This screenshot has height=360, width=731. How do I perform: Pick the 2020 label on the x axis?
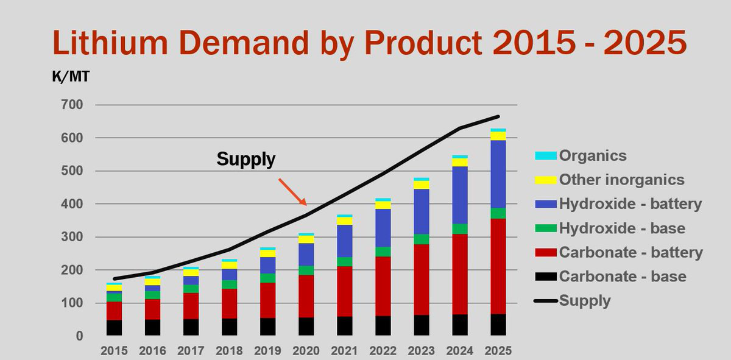click(306, 351)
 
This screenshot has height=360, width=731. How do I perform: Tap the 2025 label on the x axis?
click(499, 351)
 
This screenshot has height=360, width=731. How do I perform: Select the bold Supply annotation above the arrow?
click(246, 160)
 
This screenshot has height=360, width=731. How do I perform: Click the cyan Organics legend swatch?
click(545, 156)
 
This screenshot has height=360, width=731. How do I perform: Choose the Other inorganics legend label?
click(621, 180)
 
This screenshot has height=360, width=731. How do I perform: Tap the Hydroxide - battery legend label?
click(630, 204)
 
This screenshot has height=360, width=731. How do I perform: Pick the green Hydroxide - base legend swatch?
click(545, 228)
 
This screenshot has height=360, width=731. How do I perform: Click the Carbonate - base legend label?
click(623, 277)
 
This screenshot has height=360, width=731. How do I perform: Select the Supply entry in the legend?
click(584, 300)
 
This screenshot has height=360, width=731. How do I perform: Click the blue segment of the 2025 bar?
click(499, 174)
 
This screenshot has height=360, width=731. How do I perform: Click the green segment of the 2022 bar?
click(383, 252)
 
